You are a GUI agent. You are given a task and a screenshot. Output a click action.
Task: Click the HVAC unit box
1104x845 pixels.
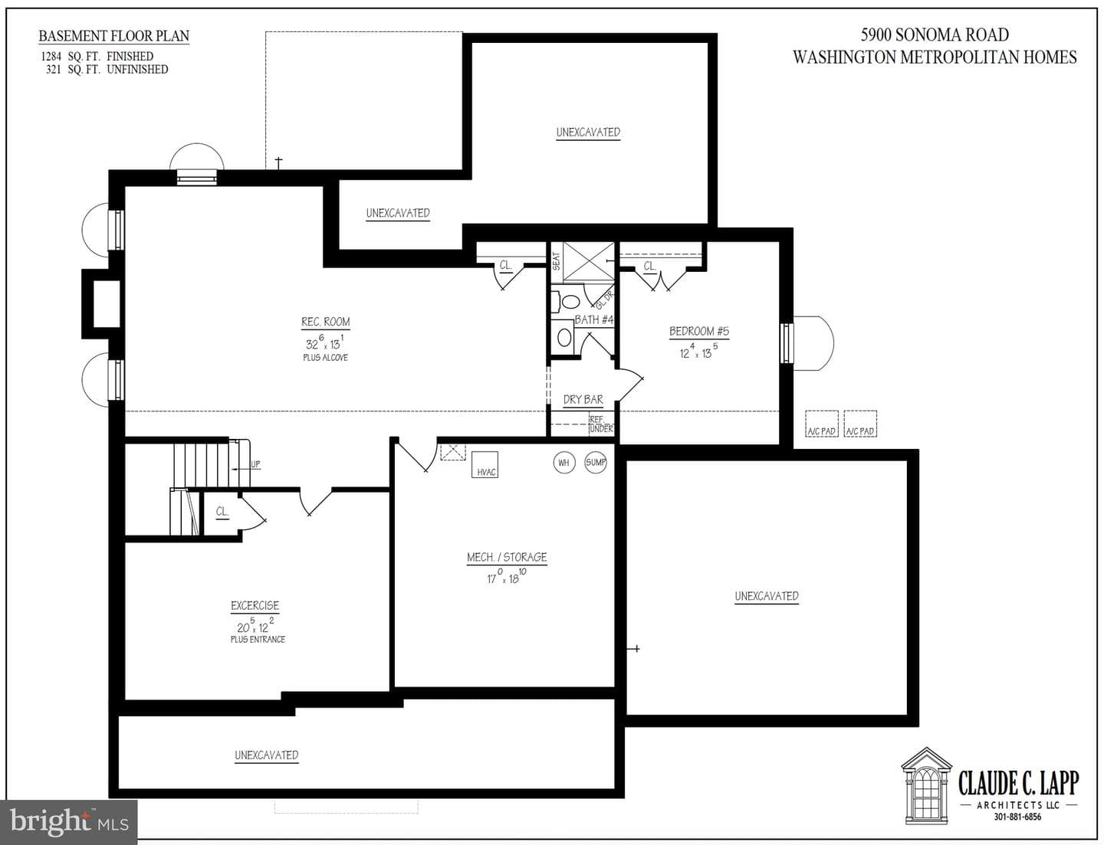click(485, 464)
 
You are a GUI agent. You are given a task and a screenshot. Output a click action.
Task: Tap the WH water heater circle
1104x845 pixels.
click(564, 463)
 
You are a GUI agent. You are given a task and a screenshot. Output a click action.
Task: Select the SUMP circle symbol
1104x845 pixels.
click(596, 463)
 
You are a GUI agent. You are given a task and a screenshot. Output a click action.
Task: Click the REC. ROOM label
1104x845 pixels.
click(326, 322)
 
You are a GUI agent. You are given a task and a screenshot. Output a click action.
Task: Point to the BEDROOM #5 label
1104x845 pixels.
click(699, 332)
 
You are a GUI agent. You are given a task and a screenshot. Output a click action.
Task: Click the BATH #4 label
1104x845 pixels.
click(594, 319)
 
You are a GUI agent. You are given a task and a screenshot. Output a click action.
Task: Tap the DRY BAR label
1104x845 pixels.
click(583, 399)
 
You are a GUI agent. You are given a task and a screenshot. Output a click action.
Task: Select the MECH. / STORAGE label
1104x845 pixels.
click(507, 557)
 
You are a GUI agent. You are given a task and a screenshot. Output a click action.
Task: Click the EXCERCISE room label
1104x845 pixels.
click(255, 605)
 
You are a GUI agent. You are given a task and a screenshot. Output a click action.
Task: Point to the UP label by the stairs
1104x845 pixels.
click(255, 464)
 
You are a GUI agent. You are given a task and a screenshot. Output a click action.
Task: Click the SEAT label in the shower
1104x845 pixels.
click(557, 261)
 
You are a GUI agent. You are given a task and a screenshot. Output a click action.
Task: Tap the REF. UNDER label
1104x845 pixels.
click(602, 424)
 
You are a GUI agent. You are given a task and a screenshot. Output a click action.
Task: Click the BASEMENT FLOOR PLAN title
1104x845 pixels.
click(113, 36)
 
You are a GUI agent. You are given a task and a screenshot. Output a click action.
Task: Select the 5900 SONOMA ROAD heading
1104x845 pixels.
click(935, 34)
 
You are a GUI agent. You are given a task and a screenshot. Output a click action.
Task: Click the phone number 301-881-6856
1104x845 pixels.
click(1017, 817)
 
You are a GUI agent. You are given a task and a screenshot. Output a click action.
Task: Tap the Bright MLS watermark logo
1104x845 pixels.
click(68, 822)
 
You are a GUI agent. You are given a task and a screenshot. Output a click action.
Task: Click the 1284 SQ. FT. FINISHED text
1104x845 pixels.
click(97, 57)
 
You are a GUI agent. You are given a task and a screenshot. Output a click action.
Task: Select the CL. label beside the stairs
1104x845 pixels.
click(222, 511)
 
